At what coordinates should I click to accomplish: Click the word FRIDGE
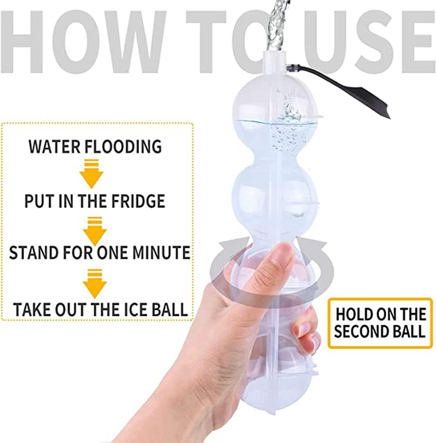coord(138,201)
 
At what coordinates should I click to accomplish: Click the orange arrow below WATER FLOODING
coord(92,174)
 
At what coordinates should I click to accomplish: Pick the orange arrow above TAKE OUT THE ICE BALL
coord(95,283)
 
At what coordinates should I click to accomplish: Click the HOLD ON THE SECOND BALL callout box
coord(380,322)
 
